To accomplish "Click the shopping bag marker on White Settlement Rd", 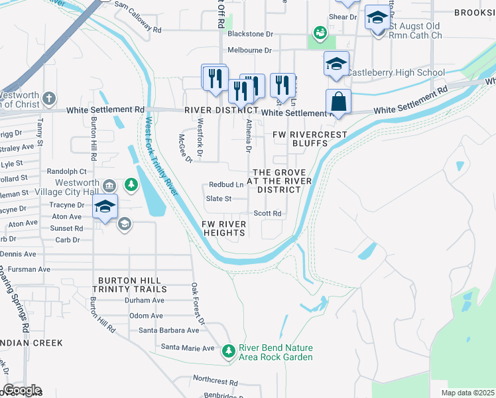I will coord(338,102).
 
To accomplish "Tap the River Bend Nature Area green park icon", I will coord(229,350).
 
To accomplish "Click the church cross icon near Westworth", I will coord(48,99).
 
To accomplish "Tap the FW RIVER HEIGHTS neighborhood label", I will coord(225,229).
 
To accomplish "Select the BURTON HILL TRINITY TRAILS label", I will coord(130,285).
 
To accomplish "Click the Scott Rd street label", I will coord(268,214).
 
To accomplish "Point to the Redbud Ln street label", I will coord(226,184).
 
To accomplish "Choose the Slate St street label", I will coord(219,198).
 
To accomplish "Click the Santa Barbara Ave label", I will coord(168,330).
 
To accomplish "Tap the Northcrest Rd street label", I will coord(216,382).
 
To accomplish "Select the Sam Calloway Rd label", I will coord(138,30).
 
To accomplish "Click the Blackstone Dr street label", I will coord(250,33).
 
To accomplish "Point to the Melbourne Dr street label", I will coord(249,50).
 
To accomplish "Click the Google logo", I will coord(21,390).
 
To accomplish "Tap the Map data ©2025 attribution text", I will coord(467,393).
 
